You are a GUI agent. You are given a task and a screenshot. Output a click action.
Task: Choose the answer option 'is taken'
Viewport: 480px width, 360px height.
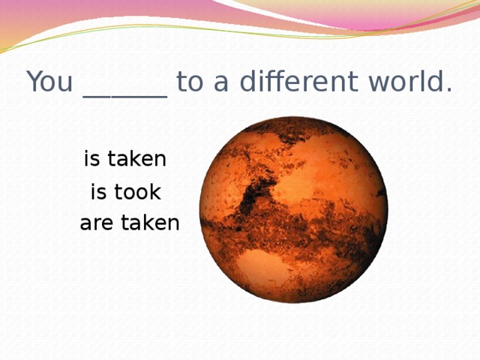124,159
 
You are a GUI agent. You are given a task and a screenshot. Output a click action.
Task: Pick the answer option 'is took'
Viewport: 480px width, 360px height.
124,193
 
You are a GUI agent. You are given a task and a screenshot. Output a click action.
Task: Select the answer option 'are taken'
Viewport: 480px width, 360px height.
129,223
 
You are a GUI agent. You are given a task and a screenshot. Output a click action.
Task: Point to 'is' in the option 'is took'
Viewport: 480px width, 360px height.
97,193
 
